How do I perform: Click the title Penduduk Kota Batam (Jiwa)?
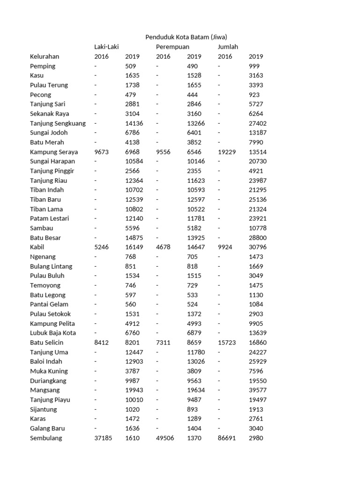[x=186, y=37]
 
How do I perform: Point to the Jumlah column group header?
[x=228, y=47]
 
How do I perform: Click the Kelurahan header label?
[x=45, y=56]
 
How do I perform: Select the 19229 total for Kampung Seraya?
[x=227, y=152]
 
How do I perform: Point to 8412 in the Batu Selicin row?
[x=101, y=343]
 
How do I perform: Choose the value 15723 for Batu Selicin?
[x=227, y=343]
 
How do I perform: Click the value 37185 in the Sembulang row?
[x=103, y=438]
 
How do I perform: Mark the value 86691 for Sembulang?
[x=227, y=438]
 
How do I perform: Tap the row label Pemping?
[x=43, y=66]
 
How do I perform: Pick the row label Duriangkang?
[x=48, y=381]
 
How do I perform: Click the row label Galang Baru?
[x=47, y=428]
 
